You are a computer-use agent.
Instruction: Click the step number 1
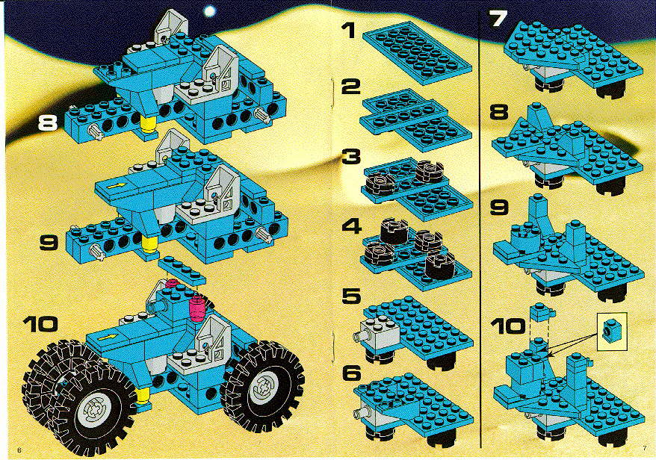pos(347,31)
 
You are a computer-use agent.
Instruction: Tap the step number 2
pos(350,87)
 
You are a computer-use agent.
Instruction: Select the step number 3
pos(351,157)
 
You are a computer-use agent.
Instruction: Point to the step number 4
pos(351,226)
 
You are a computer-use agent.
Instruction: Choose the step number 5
pos(351,296)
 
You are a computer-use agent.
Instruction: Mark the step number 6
pos(351,373)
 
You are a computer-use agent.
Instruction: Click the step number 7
pos(498,19)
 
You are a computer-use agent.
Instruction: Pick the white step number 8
pos(47,123)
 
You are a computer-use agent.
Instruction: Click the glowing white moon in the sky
pos(210,11)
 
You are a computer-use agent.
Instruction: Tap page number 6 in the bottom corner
pos(19,450)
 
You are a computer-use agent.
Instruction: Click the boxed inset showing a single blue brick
pos(612,332)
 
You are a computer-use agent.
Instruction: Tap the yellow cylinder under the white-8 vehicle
pos(148,124)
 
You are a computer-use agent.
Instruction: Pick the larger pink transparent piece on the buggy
pos(197,308)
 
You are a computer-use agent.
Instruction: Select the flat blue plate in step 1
pos(417,52)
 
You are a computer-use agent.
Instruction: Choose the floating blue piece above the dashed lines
pos(542,312)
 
